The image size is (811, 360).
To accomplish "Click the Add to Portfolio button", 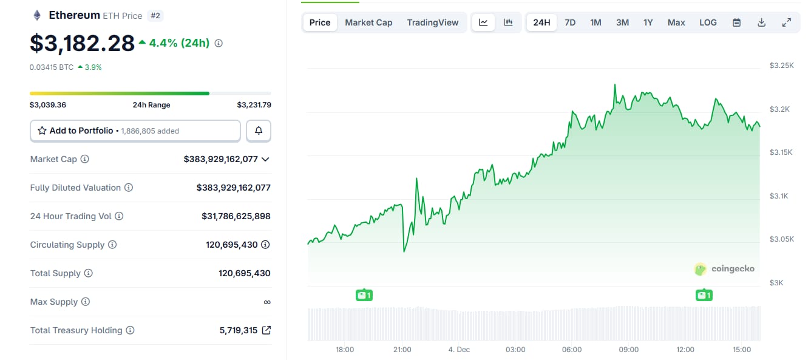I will pos(135,131).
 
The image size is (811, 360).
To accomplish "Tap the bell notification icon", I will pos(259,131).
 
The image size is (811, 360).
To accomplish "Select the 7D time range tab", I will pos(570,22).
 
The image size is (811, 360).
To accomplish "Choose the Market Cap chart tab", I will pos(368,22).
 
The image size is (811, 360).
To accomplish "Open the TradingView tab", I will pos(433,22).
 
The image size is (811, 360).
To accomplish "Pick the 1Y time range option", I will pos(648,22).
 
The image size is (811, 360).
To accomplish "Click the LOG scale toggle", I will pos(708,22).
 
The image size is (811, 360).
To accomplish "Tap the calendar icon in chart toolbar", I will pos(736,22).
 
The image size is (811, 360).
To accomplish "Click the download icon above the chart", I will pos(762,22).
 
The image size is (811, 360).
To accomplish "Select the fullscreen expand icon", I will pos(786,22).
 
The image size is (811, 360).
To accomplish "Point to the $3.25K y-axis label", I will pos(781,65).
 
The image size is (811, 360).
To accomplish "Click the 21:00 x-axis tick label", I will pos(402,350).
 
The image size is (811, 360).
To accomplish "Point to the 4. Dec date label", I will pos(459,350).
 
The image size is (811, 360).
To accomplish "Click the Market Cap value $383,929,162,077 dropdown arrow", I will pos(265,159).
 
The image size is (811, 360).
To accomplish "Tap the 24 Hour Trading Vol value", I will pos(236,216).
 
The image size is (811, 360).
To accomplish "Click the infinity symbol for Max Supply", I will pos(267,302).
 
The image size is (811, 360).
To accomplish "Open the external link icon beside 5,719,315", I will pos(266,330).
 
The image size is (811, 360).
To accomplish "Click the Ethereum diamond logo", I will pos(37,15).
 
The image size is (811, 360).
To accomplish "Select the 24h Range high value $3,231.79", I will pos(254,105).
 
